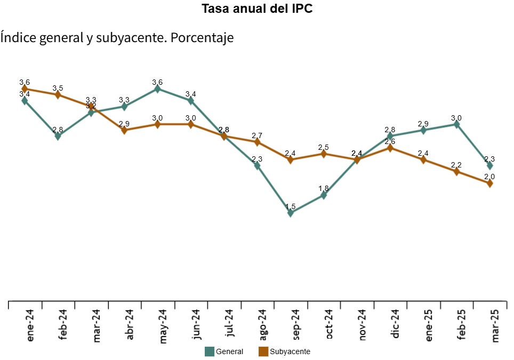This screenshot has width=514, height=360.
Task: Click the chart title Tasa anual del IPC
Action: (x=256, y=9)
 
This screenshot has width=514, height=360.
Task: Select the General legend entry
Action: (x=224, y=351)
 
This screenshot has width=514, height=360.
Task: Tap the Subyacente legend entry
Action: (x=284, y=351)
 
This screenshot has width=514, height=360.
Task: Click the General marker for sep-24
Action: (x=291, y=213)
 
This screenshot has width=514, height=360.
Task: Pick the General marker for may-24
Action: (x=157, y=89)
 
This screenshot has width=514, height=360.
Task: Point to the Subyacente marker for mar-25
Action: (x=489, y=183)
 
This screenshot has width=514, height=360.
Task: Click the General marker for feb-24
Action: (x=58, y=136)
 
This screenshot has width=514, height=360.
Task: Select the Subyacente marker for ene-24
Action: (x=25, y=89)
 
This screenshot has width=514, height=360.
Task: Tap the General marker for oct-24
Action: (x=324, y=195)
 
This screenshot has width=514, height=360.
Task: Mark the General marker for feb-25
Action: (x=456, y=124)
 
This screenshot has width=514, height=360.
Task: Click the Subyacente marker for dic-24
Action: (x=390, y=148)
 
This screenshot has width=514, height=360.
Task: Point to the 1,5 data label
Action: (x=291, y=206)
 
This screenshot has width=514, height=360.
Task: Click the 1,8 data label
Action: (x=324, y=189)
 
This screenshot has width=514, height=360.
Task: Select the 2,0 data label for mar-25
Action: (x=489, y=177)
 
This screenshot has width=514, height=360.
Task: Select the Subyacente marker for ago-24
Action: (x=257, y=142)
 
